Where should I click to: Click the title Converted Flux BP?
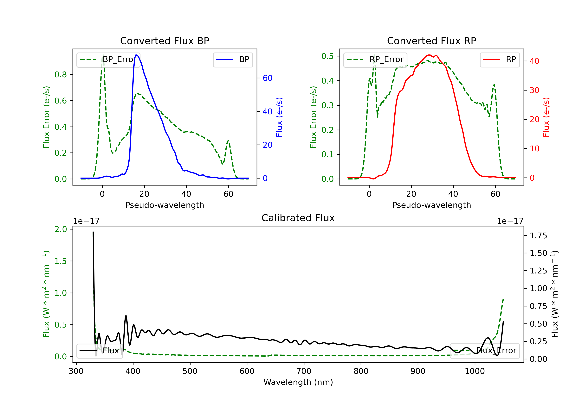coord(165,41)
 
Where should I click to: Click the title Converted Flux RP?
coord(431,41)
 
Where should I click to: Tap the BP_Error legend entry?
coord(108,59)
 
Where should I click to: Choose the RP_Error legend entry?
coord(375,59)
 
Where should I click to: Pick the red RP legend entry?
coord(500,59)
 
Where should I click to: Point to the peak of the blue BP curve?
coord(136,55)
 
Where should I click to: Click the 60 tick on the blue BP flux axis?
coord(267,78)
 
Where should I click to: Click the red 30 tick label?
coord(534,90)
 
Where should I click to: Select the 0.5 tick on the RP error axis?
coord(327,56)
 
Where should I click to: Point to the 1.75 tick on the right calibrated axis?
coord(538,236)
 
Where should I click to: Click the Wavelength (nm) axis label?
coord(298,382)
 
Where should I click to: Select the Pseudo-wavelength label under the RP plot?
coord(431,205)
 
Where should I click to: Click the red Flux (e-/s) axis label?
coord(546,117)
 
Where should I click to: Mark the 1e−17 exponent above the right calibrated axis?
coord(510,221)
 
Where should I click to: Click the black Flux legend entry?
coord(100,351)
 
